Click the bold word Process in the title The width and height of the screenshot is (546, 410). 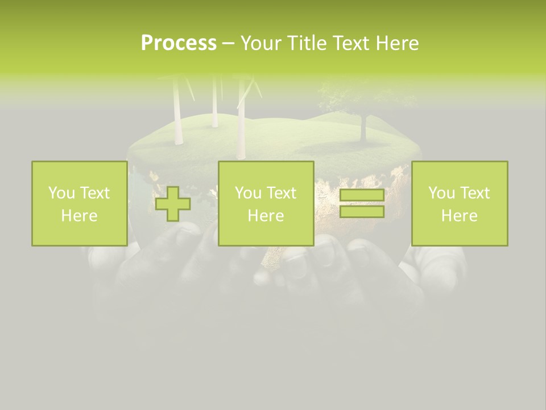[x=179, y=43]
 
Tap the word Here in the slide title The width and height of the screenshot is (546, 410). [x=396, y=43]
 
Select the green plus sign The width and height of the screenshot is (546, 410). [x=173, y=204]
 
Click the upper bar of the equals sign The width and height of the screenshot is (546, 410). [x=362, y=195]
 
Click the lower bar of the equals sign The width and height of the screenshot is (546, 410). [x=362, y=212]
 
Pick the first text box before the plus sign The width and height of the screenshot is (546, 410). [x=79, y=203]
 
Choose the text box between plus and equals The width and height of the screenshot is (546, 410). [x=266, y=203]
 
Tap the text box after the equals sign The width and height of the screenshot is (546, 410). [x=460, y=203]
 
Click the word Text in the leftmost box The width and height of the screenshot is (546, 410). [x=94, y=193]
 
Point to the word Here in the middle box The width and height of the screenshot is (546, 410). [x=266, y=215]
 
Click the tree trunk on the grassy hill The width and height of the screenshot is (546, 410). [x=362, y=128]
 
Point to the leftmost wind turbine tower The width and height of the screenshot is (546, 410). [x=177, y=108]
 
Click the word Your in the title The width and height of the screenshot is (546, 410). [x=260, y=43]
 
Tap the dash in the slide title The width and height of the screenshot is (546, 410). [x=228, y=43]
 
